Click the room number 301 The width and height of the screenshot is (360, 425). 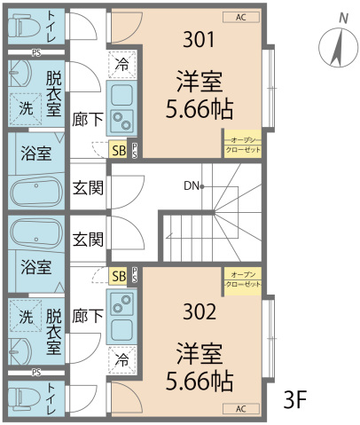(199, 39)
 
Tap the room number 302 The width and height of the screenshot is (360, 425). (199, 313)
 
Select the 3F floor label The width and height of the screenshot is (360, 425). (295, 398)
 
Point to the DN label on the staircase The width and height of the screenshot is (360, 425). (191, 186)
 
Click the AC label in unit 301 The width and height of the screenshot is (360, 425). (240, 16)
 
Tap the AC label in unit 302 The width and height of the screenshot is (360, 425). (240, 409)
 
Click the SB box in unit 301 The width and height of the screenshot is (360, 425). (118, 150)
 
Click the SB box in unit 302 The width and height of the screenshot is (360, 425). (118, 276)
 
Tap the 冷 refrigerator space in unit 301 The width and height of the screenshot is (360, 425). (121, 65)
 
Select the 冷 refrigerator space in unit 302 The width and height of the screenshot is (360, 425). (121, 361)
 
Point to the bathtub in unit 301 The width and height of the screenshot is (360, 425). (35, 192)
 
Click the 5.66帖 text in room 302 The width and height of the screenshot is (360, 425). (199, 382)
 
